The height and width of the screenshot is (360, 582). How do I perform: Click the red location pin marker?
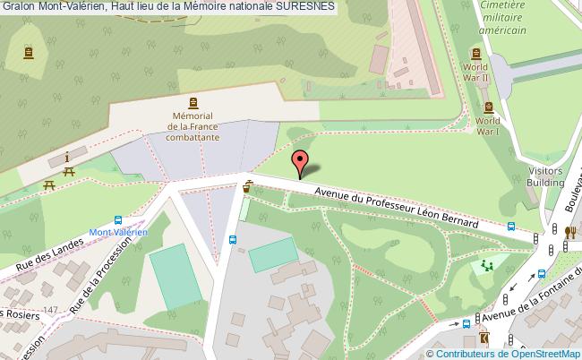[302, 164]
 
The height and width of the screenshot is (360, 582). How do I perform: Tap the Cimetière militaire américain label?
[501, 17]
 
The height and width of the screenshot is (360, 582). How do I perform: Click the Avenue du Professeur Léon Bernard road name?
[395, 205]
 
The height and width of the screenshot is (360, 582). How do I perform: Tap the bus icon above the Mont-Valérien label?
[118, 220]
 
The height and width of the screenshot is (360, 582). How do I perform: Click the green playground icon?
[487, 265]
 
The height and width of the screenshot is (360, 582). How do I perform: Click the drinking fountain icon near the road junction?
[247, 187]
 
